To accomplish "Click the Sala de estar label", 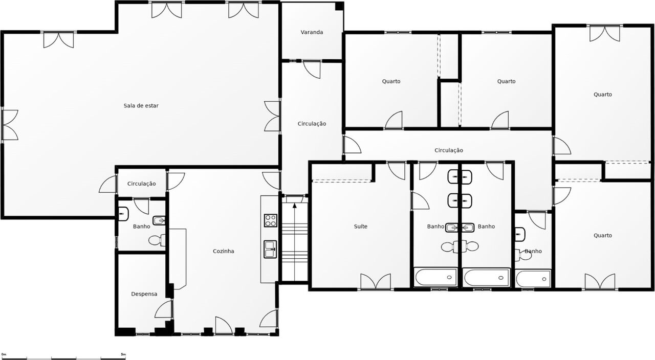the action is click(x=141, y=105).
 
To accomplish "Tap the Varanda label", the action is click(x=312, y=32).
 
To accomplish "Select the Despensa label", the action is click(x=144, y=294).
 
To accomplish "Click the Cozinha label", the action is click(x=224, y=251).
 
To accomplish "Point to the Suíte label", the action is click(x=361, y=226).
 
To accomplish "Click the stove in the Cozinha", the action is click(x=271, y=220).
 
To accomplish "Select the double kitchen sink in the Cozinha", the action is click(x=271, y=249).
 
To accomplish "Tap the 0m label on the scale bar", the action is click(x=4, y=354).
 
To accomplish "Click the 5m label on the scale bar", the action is click(x=123, y=354).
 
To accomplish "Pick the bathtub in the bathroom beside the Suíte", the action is click(x=435, y=277).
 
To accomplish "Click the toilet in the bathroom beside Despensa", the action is click(x=157, y=240).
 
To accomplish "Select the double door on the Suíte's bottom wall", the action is click(x=376, y=282).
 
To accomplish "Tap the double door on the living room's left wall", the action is click(x=10, y=125).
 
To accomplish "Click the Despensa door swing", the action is click(x=163, y=309).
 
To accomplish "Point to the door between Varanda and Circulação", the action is click(x=312, y=70).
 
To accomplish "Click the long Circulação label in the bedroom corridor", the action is click(x=449, y=150).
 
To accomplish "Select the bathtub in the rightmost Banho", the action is click(x=533, y=279).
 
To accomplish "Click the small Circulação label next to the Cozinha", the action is click(x=142, y=184).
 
